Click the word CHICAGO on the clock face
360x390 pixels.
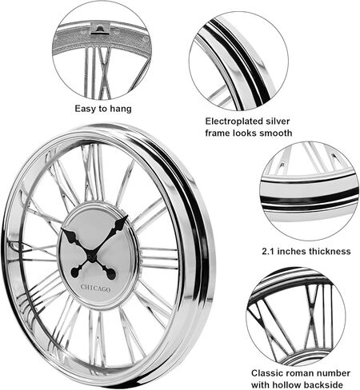pyautogui.click(x=95, y=288)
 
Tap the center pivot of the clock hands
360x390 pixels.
pyautogui.click(x=91, y=255)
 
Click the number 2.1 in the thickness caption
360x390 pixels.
pyautogui.click(x=268, y=251)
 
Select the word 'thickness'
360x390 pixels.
pyautogui.click(x=330, y=251)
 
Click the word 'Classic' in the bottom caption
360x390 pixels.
pyautogui.click(x=267, y=373)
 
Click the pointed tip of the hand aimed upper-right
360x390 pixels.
pyautogui.click(x=127, y=216)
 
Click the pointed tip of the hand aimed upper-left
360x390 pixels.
pyautogui.click(x=62, y=229)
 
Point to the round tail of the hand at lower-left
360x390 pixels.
pyautogui.click(x=75, y=273)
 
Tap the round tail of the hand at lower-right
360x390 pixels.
pyautogui.click(x=111, y=274)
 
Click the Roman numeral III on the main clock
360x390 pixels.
pyautogui.click(x=159, y=258)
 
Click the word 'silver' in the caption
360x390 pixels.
pyautogui.click(x=278, y=121)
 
